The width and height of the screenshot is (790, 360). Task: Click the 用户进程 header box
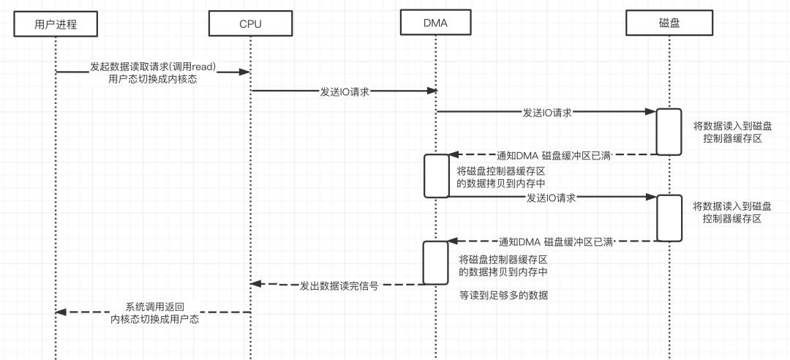[x=56, y=25]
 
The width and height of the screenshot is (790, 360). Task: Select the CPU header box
[x=250, y=25]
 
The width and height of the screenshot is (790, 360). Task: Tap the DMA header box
[x=435, y=23]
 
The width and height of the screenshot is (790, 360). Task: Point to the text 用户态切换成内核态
[x=153, y=79]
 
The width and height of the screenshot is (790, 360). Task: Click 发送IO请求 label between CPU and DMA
[x=344, y=92]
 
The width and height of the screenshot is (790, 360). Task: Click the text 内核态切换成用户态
[x=155, y=319]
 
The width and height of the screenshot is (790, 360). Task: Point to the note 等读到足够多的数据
[x=504, y=296]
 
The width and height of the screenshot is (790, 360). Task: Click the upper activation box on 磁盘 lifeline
[x=668, y=132]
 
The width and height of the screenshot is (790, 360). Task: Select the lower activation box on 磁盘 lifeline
[x=668, y=218]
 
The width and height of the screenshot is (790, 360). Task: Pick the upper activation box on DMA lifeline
[x=436, y=176]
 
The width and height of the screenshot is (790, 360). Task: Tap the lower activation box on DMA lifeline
[x=436, y=262]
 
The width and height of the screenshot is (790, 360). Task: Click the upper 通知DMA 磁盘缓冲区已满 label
[x=554, y=155]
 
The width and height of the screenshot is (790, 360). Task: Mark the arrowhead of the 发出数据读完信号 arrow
[x=255, y=284]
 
